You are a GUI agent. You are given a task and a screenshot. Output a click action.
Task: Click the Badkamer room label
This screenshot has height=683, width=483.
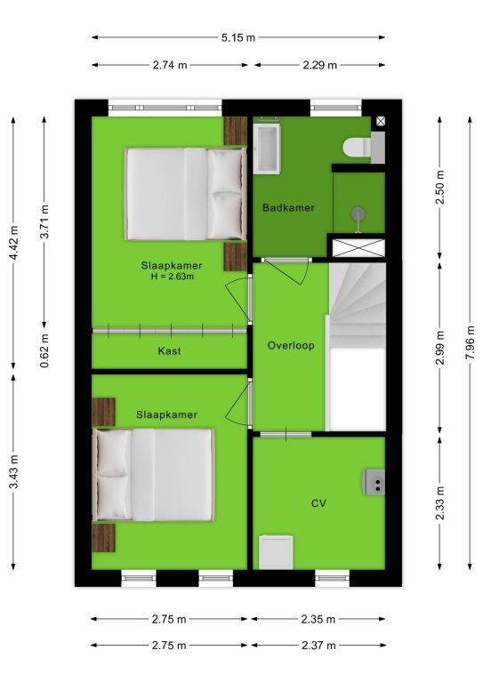[288, 208]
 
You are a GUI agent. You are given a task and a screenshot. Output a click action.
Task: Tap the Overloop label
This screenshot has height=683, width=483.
[291, 345]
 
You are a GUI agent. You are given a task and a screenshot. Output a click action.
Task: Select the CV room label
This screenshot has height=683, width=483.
[318, 503]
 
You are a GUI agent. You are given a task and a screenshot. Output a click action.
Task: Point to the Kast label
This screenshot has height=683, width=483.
[169, 351]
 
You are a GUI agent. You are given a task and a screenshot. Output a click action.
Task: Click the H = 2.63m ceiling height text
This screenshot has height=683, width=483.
[172, 277]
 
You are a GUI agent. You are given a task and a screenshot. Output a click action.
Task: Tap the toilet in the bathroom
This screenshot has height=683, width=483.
[364, 148]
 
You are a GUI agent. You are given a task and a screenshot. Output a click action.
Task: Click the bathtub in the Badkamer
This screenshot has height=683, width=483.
[267, 149]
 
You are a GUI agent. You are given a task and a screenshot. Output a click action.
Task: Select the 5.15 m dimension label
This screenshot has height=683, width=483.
[237, 37]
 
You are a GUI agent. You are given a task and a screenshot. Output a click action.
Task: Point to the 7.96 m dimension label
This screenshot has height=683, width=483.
[470, 342]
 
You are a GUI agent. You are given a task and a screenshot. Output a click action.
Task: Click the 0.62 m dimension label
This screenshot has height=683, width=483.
[44, 350]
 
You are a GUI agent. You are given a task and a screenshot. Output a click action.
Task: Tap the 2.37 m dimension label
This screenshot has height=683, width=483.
[318, 646]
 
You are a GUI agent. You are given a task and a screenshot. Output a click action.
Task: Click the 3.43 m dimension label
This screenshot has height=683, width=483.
[13, 471]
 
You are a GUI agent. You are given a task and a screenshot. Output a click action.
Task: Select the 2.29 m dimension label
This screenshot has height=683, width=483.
[319, 65]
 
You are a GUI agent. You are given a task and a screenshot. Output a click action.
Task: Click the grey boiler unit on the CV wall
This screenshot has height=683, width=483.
[374, 482]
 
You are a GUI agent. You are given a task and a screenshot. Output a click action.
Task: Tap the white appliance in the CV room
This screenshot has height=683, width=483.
[276, 552]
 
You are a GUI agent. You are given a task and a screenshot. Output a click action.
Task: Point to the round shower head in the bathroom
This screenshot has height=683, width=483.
[358, 213]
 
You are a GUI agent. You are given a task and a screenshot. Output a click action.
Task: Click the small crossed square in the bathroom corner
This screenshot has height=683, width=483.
[381, 121]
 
